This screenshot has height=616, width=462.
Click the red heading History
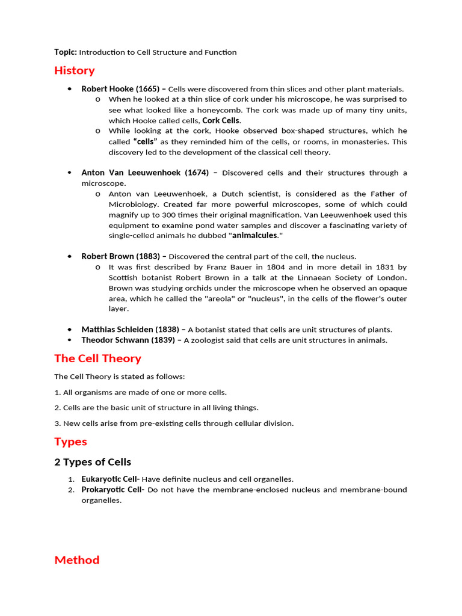75,70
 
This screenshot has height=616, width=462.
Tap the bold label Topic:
65,52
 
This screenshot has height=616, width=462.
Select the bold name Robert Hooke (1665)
120,88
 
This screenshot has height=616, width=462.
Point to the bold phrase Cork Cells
221,120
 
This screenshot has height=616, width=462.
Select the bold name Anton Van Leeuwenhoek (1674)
145,173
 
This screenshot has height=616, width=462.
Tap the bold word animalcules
254,236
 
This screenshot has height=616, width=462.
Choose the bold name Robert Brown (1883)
120,256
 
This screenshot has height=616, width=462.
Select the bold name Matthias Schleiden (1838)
130,330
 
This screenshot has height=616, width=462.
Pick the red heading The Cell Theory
97,359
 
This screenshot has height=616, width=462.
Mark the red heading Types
70,442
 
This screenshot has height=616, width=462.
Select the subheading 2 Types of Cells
93,462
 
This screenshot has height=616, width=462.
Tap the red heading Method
77,560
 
